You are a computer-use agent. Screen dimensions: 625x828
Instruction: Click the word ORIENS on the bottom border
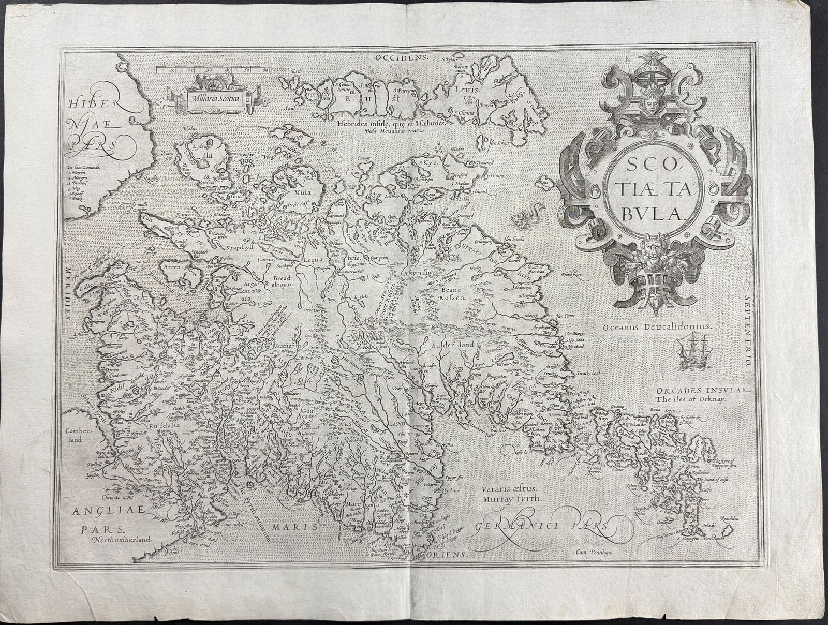448,554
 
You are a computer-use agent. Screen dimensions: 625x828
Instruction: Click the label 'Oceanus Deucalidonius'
658,326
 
